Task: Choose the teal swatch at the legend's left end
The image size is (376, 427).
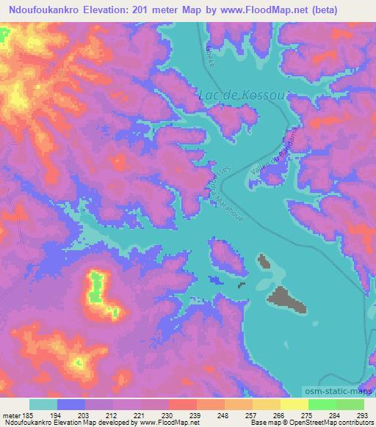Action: pyautogui.click(x=43, y=404)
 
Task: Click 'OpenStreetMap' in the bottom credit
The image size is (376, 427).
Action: pyautogui.click(x=303, y=423)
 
